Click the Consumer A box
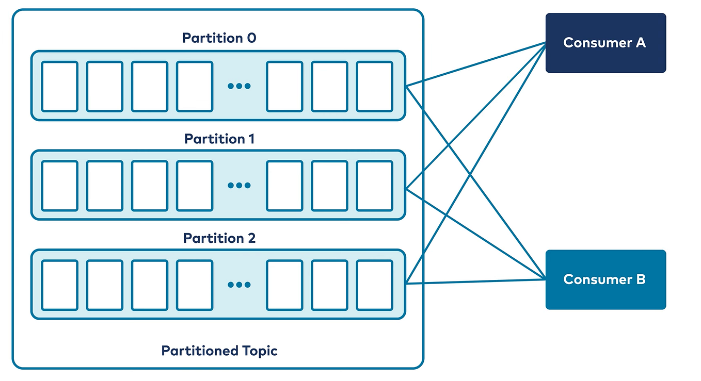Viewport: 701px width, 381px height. click(605, 43)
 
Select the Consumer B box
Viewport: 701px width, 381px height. click(605, 279)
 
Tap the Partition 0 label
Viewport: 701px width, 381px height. click(219, 38)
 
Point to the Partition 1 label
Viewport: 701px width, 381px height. click(219, 139)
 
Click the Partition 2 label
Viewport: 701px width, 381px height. click(219, 238)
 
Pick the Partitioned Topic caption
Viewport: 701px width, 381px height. click(219, 351)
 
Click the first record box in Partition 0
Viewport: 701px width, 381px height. click(59, 86)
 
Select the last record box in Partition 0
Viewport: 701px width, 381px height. click(374, 86)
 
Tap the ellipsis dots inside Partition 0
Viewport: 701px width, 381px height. click(239, 86)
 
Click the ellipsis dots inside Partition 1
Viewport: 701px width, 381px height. click(239, 185)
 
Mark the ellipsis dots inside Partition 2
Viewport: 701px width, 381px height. click(239, 285)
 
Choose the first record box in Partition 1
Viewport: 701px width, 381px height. click(59, 185)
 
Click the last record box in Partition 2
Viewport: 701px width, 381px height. click(374, 285)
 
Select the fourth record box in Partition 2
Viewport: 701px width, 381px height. click(195, 285)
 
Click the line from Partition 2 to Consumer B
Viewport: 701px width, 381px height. click(475, 281)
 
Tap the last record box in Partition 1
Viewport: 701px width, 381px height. click(374, 185)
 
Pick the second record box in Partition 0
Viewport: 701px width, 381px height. click(104, 86)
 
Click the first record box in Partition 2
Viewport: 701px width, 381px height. click(59, 285)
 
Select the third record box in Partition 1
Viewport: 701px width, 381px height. click(149, 185)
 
